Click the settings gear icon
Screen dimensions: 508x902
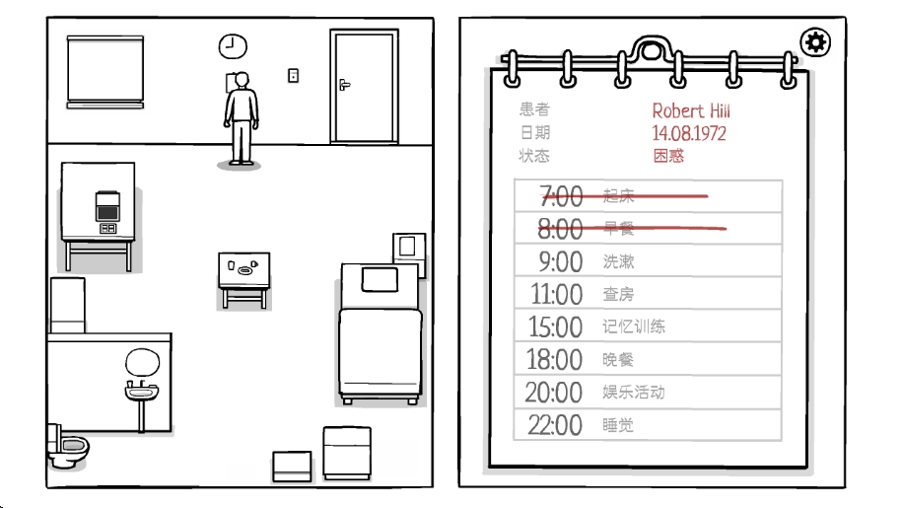click(816, 42)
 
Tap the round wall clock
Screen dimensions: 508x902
click(233, 45)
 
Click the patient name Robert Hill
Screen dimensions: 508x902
click(690, 110)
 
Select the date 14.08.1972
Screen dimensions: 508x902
click(688, 132)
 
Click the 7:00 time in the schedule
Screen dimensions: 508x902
click(562, 195)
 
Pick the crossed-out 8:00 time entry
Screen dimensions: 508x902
click(560, 229)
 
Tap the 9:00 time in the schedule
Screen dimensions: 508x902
click(560, 261)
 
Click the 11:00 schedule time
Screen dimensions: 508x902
click(556, 294)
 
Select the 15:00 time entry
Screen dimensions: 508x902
click(556, 327)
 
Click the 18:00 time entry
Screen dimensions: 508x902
click(556, 359)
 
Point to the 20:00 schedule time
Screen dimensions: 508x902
click(554, 393)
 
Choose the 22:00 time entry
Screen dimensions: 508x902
click(554, 425)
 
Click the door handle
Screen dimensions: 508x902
click(344, 85)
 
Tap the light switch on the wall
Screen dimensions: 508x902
click(293, 74)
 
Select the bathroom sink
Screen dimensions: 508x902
click(142, 390)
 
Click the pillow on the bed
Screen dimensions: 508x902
click(379, 279)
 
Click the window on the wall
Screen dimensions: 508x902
click(105, 69)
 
